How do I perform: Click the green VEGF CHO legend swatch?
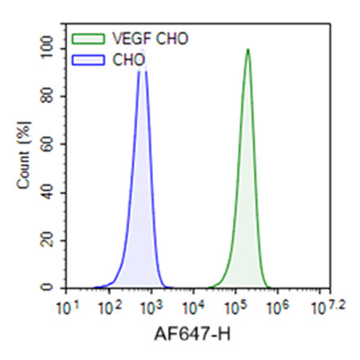coord(84,38)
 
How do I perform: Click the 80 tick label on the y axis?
coord(55,97)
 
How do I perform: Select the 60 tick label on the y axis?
coord(55,145)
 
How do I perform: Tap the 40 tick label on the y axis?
coord(55,193)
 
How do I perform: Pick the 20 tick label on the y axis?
coord(55,241)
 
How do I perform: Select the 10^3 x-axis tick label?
coord(153,307)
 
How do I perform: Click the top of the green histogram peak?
coord(247,49)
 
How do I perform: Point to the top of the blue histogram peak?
coord(142,51)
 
